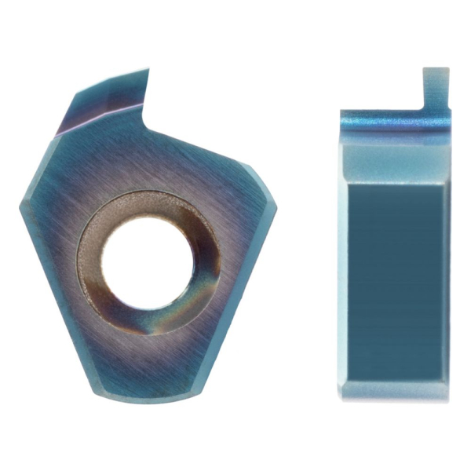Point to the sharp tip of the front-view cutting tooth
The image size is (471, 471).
point(148,71)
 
